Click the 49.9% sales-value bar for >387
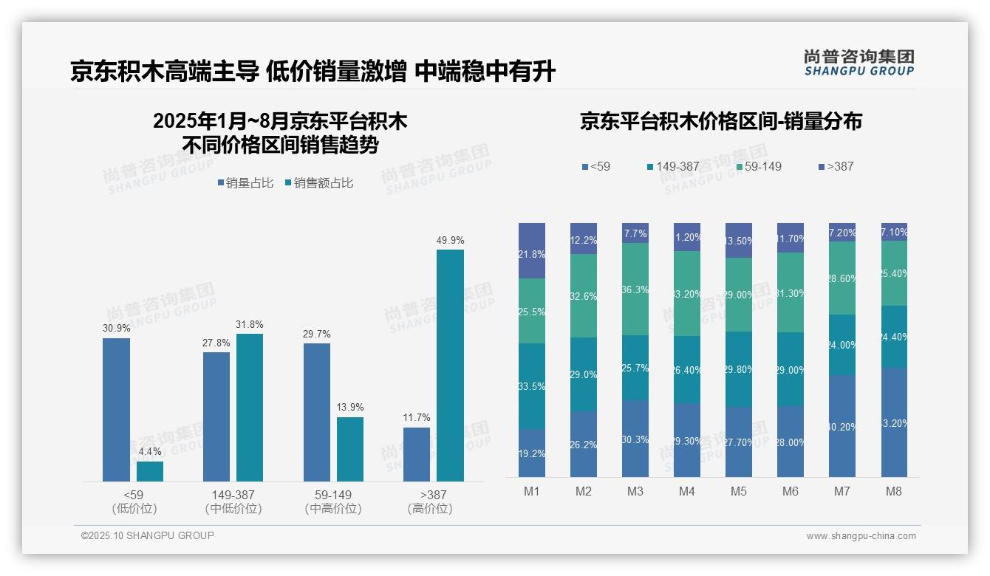(450, 366)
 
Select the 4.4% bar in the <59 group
(150, 472)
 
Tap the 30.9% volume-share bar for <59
(116, 410)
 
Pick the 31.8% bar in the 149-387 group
(250, 408)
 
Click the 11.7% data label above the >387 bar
(417, 418)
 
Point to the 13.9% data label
(350, 408)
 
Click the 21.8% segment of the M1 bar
(532, 251)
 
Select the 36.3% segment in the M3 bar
(635, 289)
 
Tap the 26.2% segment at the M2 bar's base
(584, 444)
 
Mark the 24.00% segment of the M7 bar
(842, 345)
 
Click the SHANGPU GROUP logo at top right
(859, 63)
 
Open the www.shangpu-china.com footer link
(861, 536)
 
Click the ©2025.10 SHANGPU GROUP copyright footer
(148, 535)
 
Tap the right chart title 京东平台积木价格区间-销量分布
(720, 122)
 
